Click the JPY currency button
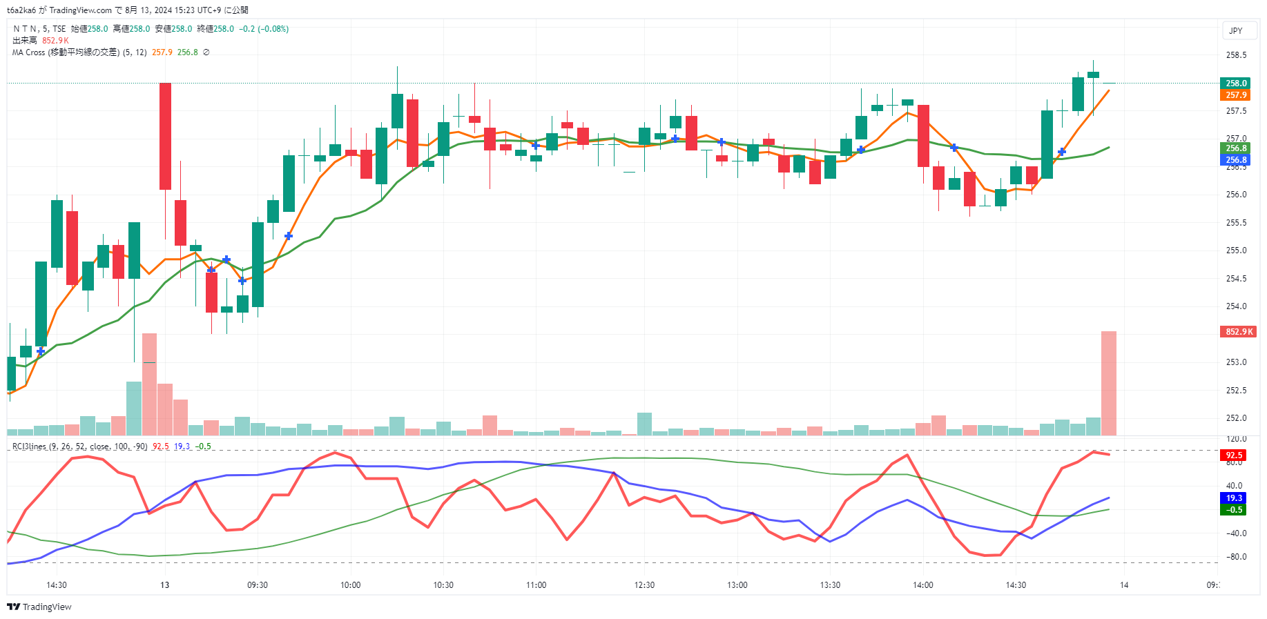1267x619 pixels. point(1235,30)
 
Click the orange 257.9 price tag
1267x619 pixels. point(1235,95)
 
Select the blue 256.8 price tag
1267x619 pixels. point(1235,160)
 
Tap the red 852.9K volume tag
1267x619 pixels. point(1239,332)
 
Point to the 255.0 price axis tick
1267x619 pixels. point(1236,250)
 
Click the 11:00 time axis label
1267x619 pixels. point(536,585)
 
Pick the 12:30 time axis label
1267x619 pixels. point(644,585)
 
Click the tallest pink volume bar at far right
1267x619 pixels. point(1108,383)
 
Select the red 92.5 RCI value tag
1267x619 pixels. point(1233,455)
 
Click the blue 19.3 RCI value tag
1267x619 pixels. point(1233,498)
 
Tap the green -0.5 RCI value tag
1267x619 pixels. point(1233,510)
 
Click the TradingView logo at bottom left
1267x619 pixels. point(39,607)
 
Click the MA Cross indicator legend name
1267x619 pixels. point(65,52)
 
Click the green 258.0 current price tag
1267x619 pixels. point(1235,83)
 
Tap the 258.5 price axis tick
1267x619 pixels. point(1236,55)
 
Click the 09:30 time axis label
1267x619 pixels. point(258,585)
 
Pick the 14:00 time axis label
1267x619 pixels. point(923,585)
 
